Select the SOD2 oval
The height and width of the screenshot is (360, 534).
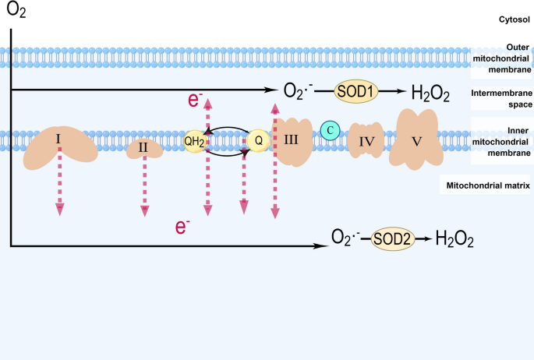pyautogui.click(x=391, y=238)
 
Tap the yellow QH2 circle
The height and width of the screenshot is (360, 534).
pyautogui.click(x=194, y=142)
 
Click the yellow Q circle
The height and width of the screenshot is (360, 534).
pyautogui.click(x=257, y=141)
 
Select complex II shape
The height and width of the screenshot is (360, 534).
pyautogui.click(x=144, y=146)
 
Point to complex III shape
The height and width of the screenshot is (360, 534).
pyautogui.click(x=292, y=141)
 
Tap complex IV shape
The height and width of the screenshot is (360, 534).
pyautogui.click(x=367, y=142)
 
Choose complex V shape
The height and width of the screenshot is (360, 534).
pyautogui.click(x=419, y=139)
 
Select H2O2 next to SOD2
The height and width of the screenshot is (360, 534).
pyautogui.click(x=454, y=238)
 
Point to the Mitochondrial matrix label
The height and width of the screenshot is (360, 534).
pyautogui.click(x=486, y=185)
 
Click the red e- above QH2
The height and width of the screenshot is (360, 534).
pyautogui.click(x=196, y=100)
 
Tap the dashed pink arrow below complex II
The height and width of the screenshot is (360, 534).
pyautogui.click(x=144, y=187)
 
